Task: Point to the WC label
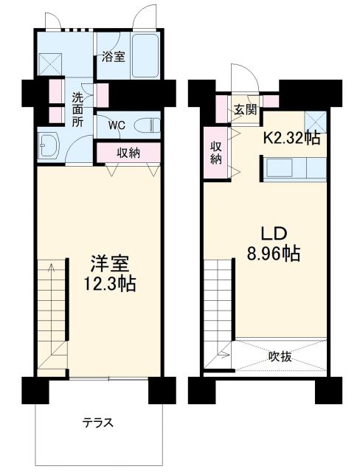[x=117, y=125]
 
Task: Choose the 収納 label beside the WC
[x=128, y=153]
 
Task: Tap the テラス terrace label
[x=97, y=423]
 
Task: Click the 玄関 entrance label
[x=246, y=110]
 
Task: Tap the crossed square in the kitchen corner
[x=316, y=119]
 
